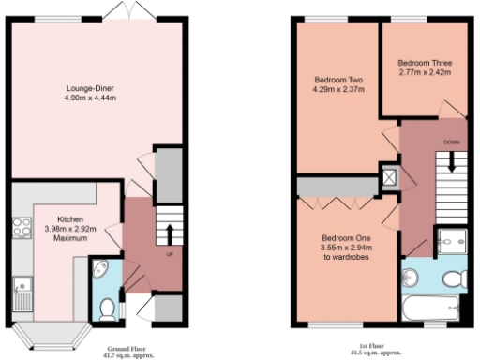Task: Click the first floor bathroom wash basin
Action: [x=411, y=277]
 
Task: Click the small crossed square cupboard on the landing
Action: [x=389, y=174]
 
